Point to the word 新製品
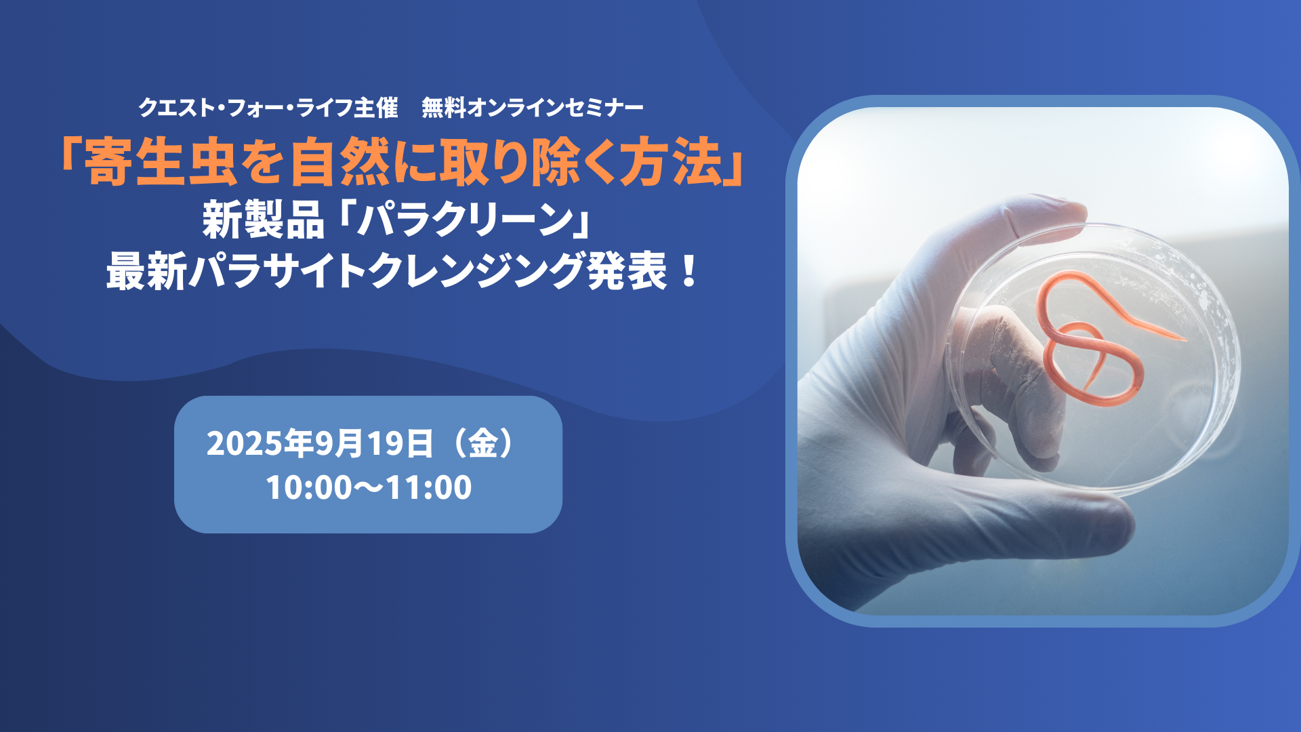(x=263, y=220)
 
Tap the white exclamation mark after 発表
(x=690, y=270)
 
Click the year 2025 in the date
(x=245, y=444)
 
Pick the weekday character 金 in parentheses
(x=484, y=443)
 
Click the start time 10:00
(x=309, y=487)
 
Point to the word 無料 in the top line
(x=444, y=108)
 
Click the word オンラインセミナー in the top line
(x=555, y=108)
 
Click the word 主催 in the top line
(x=375, y=108)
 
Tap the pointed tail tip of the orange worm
(x=1186, y=339)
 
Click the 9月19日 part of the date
(x=373, y=444)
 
